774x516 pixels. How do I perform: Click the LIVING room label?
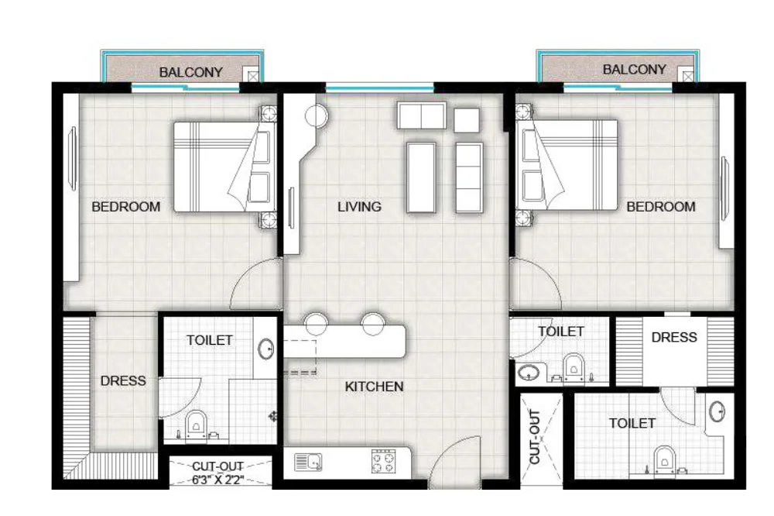[x=359, y=207]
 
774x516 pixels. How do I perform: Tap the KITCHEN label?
[x=374, y=387]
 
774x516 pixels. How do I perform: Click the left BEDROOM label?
[x=126, y=207]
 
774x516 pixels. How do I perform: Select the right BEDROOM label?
[x=661, y=207]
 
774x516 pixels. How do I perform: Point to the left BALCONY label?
[x=191, y=72]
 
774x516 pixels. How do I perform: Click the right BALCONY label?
[x=635, y=70]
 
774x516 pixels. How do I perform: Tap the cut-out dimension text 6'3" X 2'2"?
[x=217, y=480]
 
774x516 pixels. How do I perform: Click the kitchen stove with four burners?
[x=384, y=462]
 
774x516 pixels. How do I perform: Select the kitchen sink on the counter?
[x=308, y=462]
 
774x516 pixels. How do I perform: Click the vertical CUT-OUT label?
[x=535, y=436]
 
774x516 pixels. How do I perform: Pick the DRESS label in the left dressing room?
[x=123, y=380]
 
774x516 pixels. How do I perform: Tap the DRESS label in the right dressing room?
[x=674, y=337]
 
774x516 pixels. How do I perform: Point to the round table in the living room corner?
[x=317, y=117]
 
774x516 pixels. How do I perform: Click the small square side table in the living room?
[x=467, y=120]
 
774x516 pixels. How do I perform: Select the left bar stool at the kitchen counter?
[x=317, y=324]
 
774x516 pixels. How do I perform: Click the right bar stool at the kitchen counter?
[x=373, y=324]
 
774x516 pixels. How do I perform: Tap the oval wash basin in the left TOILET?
[x=266, y=349]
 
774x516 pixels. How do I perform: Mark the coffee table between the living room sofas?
[x=421, y=177]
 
